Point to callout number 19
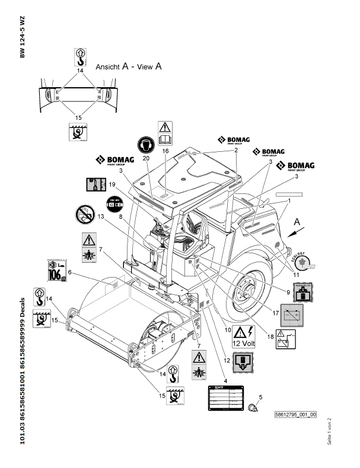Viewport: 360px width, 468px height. coord(111,185)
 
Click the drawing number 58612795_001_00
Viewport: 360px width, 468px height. coord(296,415)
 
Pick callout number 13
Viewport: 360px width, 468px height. coord(101,217)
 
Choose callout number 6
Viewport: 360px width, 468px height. coord(69,272)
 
